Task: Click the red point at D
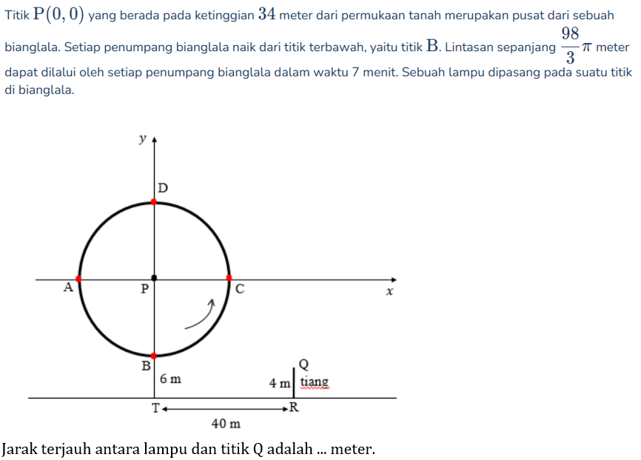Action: [154, 201]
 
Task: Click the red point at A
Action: [78, 279]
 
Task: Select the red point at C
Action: [229, 279]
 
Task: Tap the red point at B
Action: [154, 356]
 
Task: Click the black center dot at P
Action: [154, 278]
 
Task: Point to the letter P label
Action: [145, 289]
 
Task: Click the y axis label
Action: [142, 139]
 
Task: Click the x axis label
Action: [389, 293]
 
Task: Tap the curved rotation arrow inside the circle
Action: [200, 315]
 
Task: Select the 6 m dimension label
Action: [170, 379]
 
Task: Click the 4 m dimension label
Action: [280, 383]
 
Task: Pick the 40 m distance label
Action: [226, 424]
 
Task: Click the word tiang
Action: [315, 383]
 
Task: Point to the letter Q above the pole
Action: [303, 364]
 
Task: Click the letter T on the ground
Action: [156, 408]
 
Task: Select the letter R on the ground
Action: [294, 408]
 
